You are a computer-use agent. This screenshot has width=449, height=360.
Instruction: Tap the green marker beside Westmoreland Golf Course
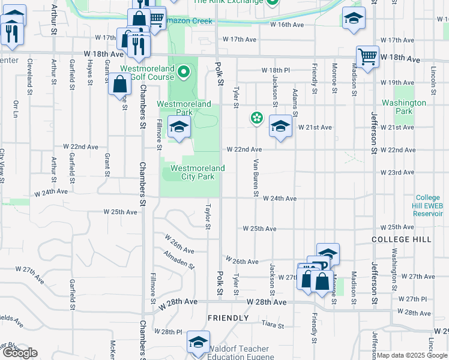tap(184, 74)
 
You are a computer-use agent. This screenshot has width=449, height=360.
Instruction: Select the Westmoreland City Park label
tap(197, 173)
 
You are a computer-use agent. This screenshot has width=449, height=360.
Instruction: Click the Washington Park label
tap(404, 107)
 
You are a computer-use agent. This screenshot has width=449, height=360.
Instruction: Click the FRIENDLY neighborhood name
tap(228, 318)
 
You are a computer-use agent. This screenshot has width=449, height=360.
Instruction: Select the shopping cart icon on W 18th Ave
tap(367, 58)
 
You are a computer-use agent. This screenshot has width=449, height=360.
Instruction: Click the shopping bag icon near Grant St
tap(120, 85)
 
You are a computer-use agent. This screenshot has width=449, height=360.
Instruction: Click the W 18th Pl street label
tap(276, 70)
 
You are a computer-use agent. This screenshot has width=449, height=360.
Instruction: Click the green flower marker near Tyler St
tap(257, 118)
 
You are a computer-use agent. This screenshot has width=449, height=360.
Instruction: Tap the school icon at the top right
tap(354, 19)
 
